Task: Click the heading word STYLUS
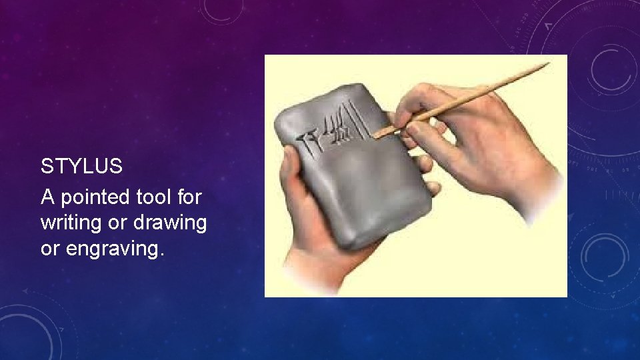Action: click(x=81, y=167)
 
